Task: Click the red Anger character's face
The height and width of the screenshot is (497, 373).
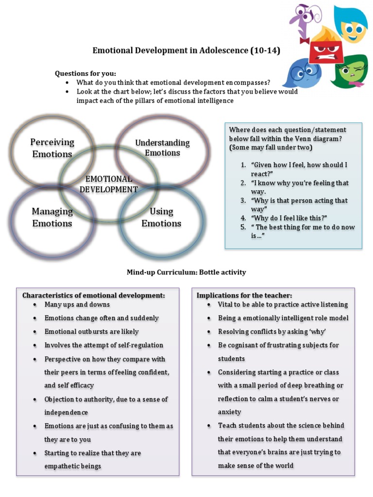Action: tap(326, 50)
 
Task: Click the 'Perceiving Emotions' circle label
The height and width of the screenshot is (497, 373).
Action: tap(52, 148)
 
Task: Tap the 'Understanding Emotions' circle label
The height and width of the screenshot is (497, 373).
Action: tap(162, 148)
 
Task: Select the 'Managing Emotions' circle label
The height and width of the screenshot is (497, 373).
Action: tap(52, 217)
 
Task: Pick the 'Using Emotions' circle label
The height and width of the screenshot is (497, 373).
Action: tap(161, 217)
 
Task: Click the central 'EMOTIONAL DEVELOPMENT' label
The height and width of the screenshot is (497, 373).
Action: tap(109, 184)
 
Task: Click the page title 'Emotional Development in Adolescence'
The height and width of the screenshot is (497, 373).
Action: tap(186, 50)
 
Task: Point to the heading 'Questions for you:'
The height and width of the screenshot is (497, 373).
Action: tap(85, 73)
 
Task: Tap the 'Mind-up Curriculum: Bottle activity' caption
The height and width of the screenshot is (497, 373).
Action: tap(186, 272)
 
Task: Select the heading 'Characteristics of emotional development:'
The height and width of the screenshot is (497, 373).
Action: tap(94, 295)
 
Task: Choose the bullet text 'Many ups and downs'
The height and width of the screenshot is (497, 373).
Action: tap(77, 305)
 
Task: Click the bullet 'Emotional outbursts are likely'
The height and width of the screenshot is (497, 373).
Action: tap(91, 332)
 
